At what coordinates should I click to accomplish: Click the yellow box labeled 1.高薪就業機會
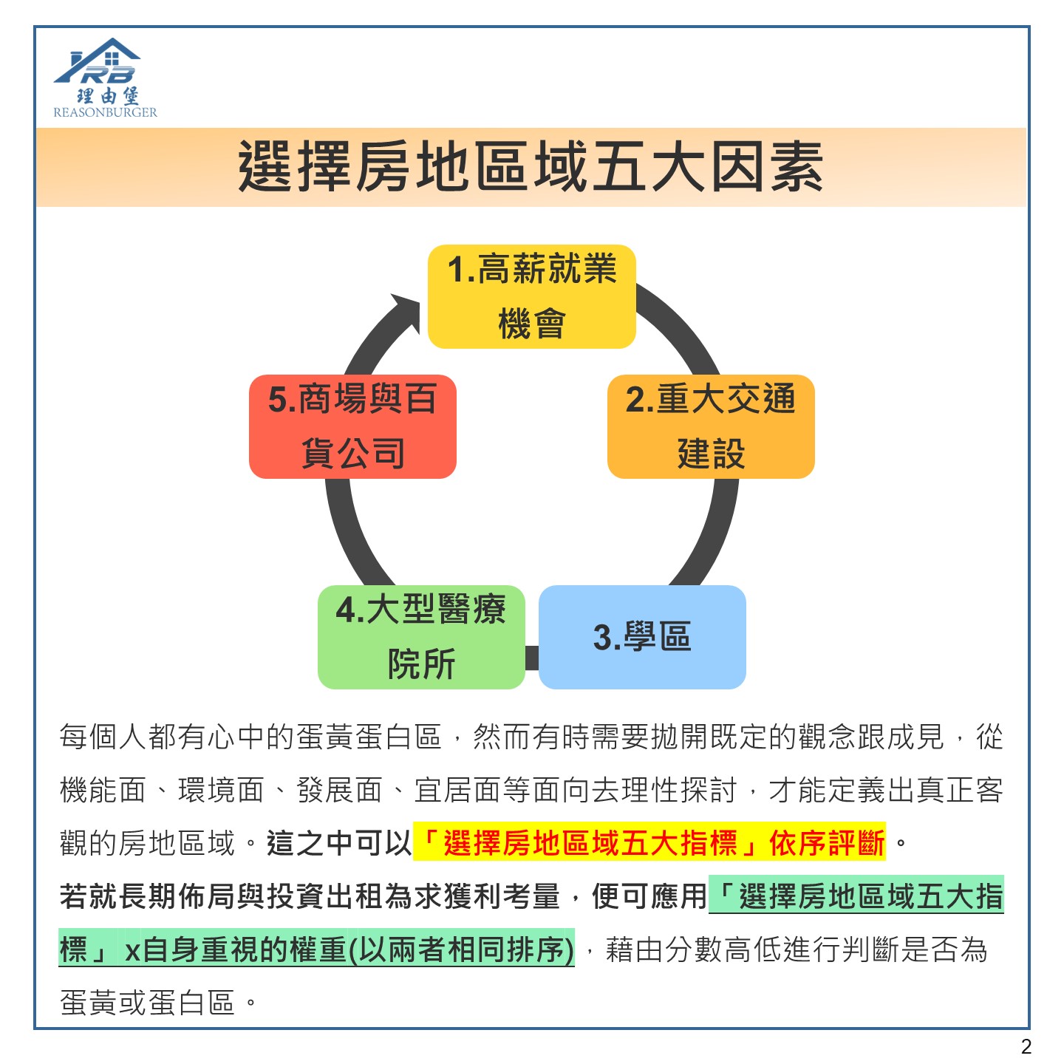tap(531, 296)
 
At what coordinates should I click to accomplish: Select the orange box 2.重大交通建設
tap(711, 426)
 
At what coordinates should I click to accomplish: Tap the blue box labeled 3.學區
tap(642, 637)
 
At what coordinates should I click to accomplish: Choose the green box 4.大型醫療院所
tap(421, 637)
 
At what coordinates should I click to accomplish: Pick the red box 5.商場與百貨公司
tap(353, 426)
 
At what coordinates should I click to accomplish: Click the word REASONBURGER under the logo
tap(105, 112)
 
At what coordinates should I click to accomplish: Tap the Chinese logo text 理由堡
tap(108, 95)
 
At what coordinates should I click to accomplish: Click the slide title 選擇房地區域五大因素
tap(531, 166)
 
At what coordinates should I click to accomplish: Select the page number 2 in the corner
tap(1026, 1046)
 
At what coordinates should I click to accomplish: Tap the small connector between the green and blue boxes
tap(532, 658)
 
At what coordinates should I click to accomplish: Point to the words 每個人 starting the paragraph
tap(103, 736)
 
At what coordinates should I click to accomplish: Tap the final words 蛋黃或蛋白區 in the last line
tap(148, 1003)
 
